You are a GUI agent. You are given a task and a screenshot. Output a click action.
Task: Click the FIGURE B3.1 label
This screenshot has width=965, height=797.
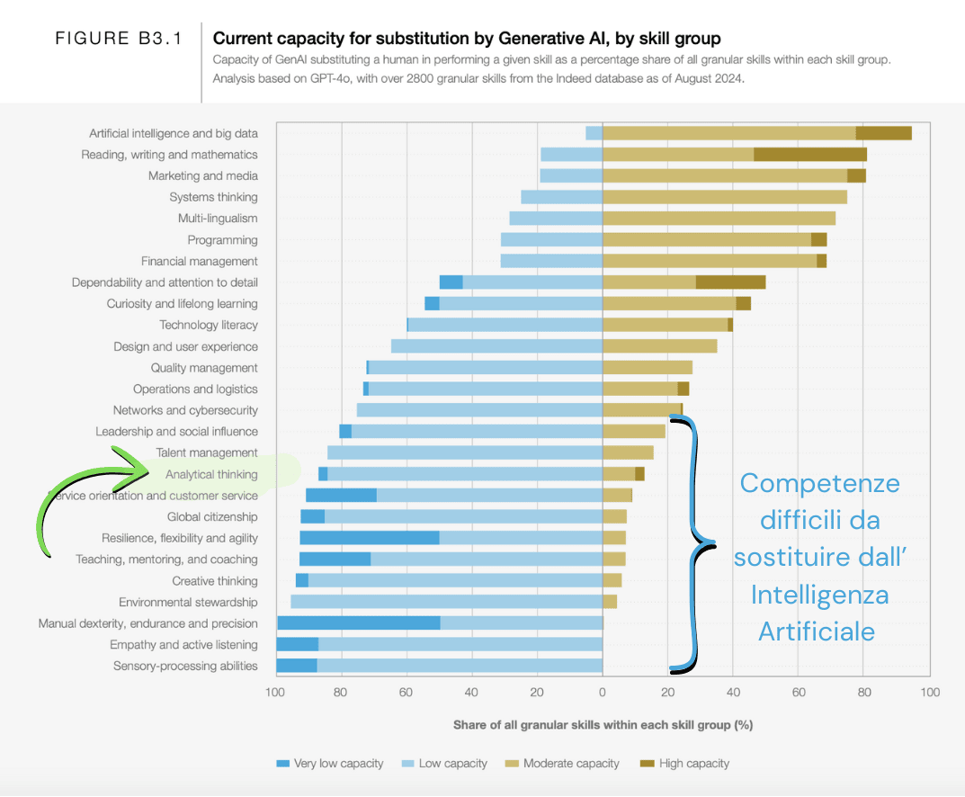coord(119,39)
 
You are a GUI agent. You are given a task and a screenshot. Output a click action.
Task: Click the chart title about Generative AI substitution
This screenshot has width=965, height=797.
coord(467,39)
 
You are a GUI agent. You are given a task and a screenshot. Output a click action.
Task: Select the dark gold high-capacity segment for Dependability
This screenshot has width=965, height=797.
coord(730,282)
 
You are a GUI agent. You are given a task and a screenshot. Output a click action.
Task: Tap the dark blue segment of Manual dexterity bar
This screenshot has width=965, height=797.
coord(359,623)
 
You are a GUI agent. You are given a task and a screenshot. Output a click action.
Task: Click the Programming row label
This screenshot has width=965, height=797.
coord(222,240)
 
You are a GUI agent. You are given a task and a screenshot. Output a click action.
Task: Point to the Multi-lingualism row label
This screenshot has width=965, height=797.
coord(218,219)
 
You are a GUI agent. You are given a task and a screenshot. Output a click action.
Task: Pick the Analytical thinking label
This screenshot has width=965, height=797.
coord(211,474)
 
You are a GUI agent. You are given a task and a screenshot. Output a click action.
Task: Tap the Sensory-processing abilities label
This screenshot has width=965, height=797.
coord(185,667)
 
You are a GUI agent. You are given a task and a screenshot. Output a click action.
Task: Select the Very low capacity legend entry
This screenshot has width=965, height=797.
coord(330,764)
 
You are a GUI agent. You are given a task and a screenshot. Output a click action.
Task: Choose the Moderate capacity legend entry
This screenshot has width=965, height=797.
coord(562,764)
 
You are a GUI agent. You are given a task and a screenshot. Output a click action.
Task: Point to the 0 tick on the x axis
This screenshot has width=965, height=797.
coord(603,693)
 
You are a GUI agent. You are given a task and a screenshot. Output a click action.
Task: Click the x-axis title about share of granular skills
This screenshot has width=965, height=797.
coord(603,724)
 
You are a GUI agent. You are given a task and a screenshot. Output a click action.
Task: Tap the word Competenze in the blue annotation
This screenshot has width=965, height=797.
coord(818,483)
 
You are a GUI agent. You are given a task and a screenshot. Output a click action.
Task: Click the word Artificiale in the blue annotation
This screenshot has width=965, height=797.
coord(817,631)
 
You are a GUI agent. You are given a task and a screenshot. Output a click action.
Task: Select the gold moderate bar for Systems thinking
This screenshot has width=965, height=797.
coord(725,197)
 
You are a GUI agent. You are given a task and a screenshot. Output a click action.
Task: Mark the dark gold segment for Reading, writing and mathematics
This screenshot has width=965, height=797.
coord(810,155)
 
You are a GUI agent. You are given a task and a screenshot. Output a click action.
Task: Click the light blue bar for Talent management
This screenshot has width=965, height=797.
coord(465,453)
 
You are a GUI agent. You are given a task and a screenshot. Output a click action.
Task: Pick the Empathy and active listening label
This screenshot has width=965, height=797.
coord(183,645)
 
